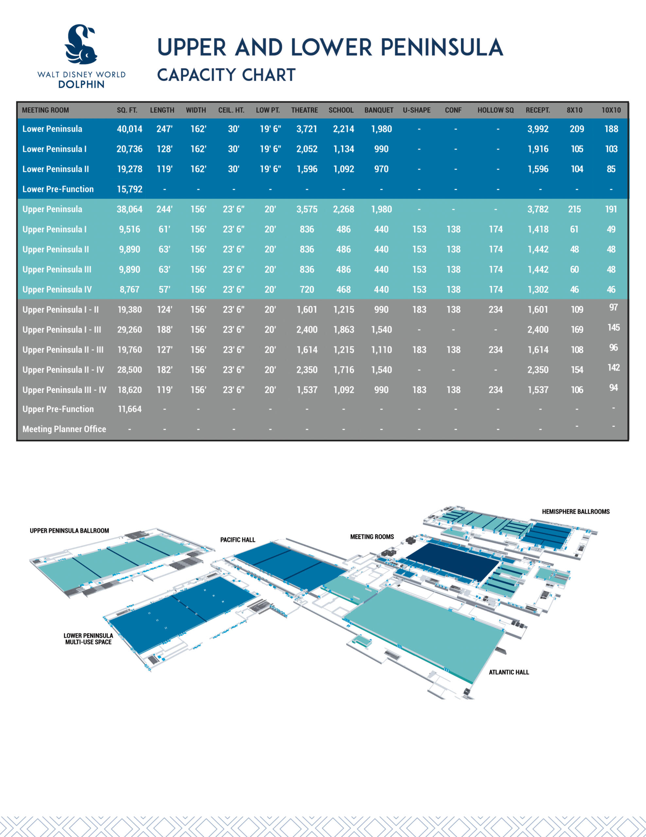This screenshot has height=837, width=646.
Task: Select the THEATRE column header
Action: coord(304,110)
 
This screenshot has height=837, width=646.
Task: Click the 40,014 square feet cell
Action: coord(130,129)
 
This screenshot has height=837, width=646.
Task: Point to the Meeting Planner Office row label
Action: coord(64,429)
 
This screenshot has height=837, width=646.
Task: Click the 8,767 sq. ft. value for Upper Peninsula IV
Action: coord(130,290)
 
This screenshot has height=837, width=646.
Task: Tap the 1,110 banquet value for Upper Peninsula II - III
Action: coord(381,350)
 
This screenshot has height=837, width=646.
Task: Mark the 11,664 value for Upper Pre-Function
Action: coord(130,409)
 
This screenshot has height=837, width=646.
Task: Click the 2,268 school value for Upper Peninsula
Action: coord(343,210)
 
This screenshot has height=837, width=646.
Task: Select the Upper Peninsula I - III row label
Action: coord(62,330)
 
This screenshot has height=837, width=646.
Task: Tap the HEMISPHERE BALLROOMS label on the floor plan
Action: coord(575,512)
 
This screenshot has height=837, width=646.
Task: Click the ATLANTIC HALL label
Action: coord(508,672)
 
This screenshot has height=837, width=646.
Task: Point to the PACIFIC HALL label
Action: coord(237,540)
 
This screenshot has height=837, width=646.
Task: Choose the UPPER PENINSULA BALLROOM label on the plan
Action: coord(69,531)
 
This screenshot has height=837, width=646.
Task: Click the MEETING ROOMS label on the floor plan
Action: coord(372,537)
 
